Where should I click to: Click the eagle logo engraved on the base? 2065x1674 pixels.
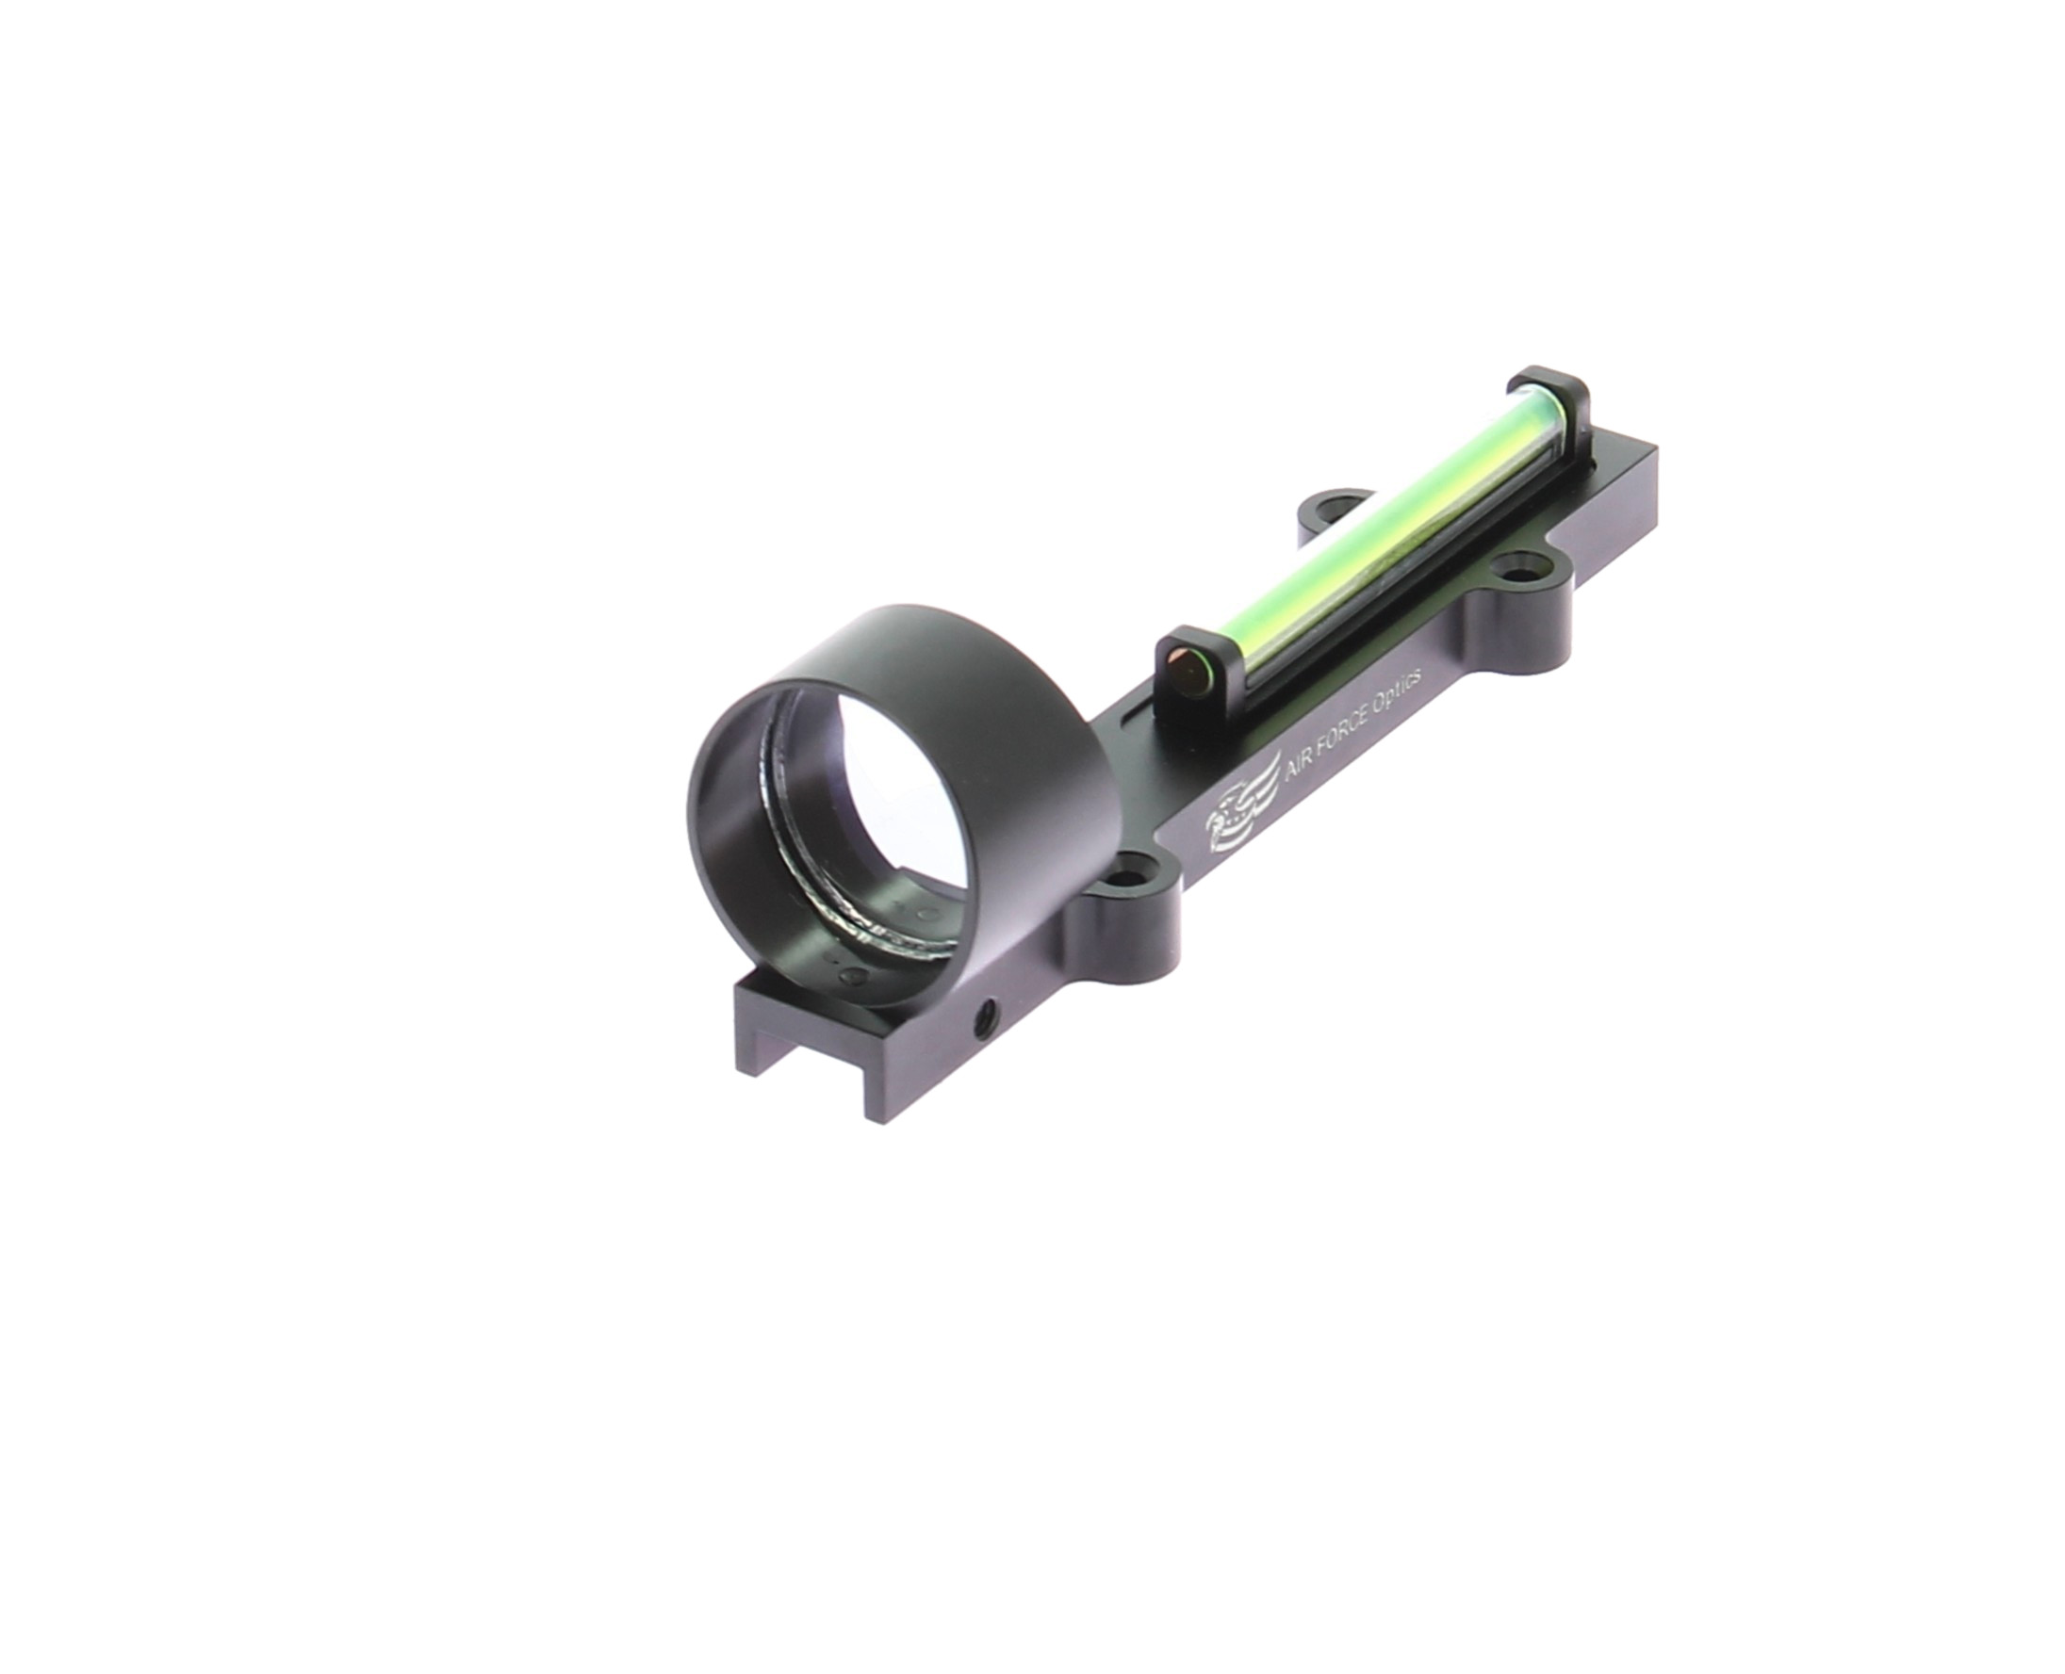click(x=1238, y=821)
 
